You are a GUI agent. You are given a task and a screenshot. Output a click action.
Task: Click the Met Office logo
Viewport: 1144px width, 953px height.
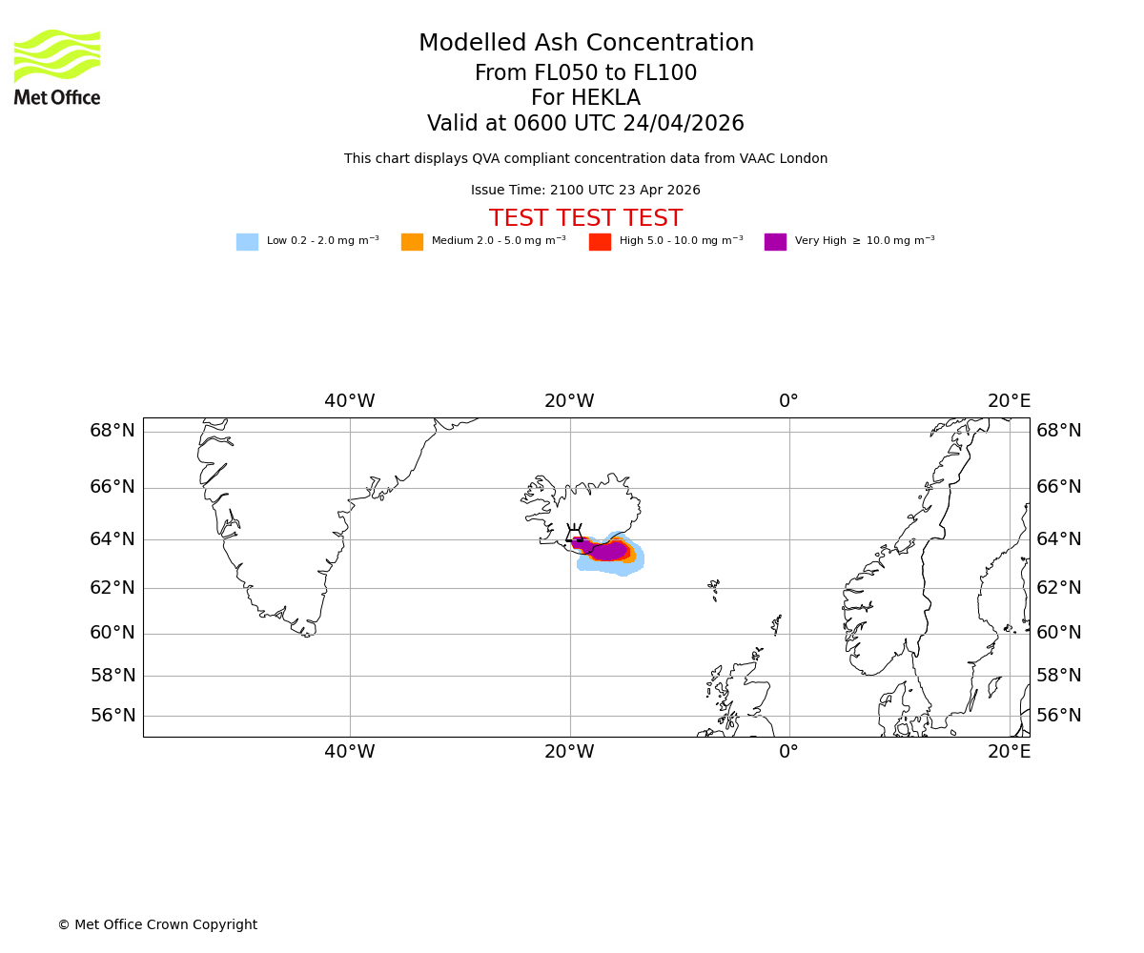(57, 67)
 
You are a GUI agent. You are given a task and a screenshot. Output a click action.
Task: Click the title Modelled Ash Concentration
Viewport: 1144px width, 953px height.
(585, 44)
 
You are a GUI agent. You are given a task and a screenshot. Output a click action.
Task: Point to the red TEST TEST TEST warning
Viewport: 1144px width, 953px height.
(585, 219)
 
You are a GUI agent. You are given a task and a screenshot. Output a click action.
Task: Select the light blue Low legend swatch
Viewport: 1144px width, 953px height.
(247, 242)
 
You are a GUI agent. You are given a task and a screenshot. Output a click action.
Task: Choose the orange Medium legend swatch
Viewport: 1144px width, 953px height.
(412, 242)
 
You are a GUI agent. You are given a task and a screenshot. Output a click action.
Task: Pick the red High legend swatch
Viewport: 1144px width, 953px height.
(600, 242)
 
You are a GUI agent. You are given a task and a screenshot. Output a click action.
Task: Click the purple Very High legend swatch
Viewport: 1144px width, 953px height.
(775, 242)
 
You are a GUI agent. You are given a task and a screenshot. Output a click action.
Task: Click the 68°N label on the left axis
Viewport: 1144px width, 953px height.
(112, 431)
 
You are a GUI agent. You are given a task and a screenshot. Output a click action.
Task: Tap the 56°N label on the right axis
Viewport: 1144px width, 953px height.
(1059, 716)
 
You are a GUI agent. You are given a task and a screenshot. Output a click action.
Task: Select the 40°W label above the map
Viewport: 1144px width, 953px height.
(349, 401)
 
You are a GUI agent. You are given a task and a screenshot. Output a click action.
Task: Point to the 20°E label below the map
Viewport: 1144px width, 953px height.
(1009, 752)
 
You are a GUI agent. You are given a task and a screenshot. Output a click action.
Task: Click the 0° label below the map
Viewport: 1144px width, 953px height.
(788, 752)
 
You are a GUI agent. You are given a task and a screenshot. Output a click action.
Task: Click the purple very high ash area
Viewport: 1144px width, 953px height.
(607, 551)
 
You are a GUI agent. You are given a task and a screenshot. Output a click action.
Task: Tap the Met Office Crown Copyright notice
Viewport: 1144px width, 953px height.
(157, 925)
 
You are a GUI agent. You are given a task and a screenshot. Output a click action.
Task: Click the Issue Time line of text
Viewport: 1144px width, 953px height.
(585, 191)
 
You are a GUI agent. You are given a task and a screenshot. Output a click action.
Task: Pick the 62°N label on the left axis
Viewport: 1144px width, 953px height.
(112, 588)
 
